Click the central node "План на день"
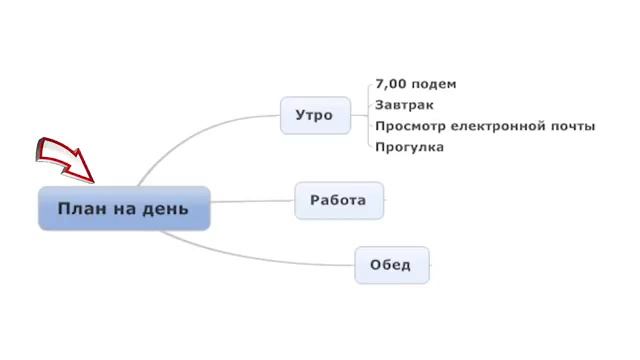tap(124, 208)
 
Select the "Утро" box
tap(315, 115)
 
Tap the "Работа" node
tap(338, 200)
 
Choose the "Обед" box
tap(391, 265)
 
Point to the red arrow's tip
tap(92, 181)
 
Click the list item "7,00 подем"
tap(414, 84)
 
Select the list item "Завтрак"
tap(404, 105)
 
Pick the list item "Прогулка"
tap(409, 147)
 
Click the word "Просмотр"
tap(408, 126)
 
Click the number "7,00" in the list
tap(390, 84)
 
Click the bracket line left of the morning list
tap(366, 115)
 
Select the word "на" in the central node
tap(131, 208)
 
